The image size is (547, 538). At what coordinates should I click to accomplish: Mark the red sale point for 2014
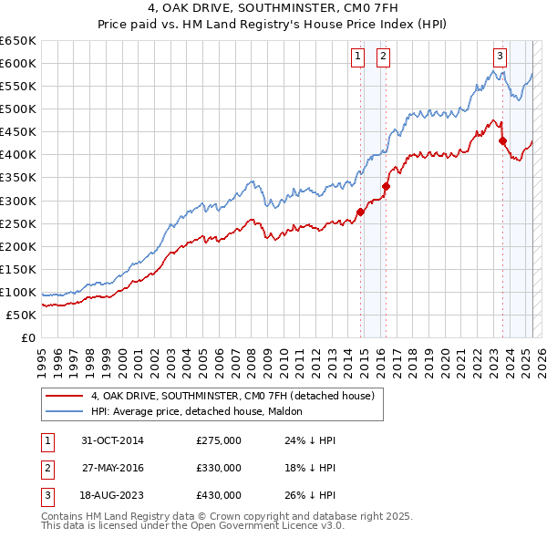pos(360,212)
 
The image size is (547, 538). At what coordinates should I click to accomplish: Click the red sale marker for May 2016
pos(386,186)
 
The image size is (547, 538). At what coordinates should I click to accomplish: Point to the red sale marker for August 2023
pos(502,140)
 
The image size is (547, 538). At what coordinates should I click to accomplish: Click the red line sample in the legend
pos(65,397)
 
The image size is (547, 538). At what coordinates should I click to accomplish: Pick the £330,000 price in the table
pos(219,468)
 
